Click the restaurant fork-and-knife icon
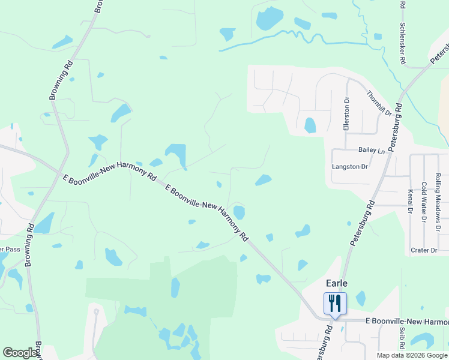click(x=335, y=303)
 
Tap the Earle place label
click(x=336, y=283)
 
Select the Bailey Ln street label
click(x=371, y=151)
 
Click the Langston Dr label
click(x=349, y=167)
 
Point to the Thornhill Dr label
click(x=379, y=103)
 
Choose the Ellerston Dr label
click(x=346, y=114)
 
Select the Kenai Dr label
click(x=411, y=202)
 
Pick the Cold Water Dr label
click(x=423, y=203)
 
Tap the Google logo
click(x=20, y=353)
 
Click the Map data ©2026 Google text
click(x=412, y=355)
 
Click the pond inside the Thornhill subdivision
click(x=310, y=125)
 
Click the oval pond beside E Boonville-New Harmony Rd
click(x=239, y=212)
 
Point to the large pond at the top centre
click(x=269, y=19)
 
